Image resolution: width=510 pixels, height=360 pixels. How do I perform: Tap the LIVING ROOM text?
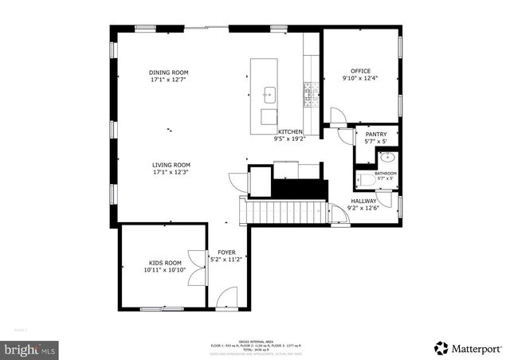click(171, 166)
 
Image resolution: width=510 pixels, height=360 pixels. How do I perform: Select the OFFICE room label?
click(361, 71)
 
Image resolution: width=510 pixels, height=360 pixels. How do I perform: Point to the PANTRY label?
click(376, 135)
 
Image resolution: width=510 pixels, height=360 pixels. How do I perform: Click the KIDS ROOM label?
click(164, 262)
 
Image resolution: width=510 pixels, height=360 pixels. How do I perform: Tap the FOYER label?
click(226, 252)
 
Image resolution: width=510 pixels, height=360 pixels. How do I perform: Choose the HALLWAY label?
click(367, 202)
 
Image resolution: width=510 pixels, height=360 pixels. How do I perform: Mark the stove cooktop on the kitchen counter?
click(307, 96)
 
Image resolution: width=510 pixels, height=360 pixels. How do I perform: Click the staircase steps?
click(283, 212)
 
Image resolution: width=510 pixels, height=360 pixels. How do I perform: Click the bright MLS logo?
click(30, 349)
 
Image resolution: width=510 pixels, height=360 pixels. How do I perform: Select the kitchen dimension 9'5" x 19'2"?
click(290, 139)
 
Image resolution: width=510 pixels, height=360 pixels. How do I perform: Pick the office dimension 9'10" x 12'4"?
click(361, 78)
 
